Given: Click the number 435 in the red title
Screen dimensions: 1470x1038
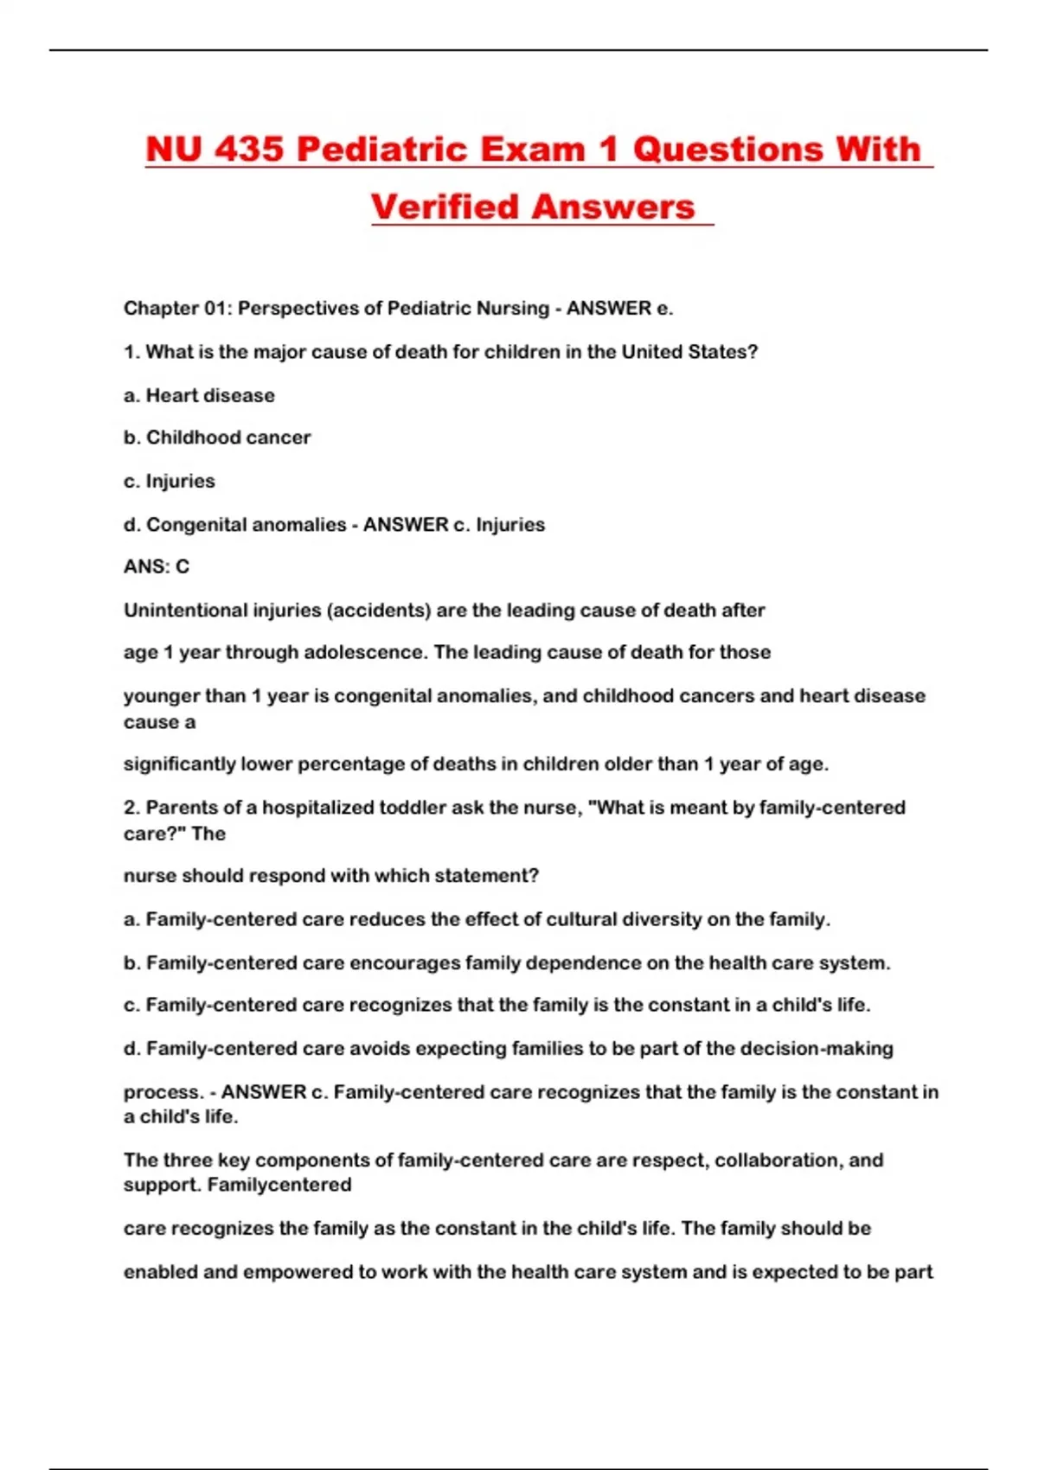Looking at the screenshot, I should tap(249, 149).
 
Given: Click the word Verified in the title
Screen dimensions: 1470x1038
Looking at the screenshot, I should tap(444, 207).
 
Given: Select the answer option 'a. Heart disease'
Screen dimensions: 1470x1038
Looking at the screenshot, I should tap(199, 395).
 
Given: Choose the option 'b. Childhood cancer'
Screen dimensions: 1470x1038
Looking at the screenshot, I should tap(216, 438).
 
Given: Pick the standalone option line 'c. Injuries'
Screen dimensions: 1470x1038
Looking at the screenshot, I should tap(170, 481).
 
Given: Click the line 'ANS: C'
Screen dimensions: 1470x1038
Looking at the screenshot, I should tap(157, 566).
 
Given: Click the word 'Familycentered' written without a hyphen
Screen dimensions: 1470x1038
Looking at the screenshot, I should tap(279, 1185).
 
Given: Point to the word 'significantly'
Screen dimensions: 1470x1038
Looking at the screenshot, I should tap(179, 764).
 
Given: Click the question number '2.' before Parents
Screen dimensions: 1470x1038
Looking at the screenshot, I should tap(131, 807).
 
